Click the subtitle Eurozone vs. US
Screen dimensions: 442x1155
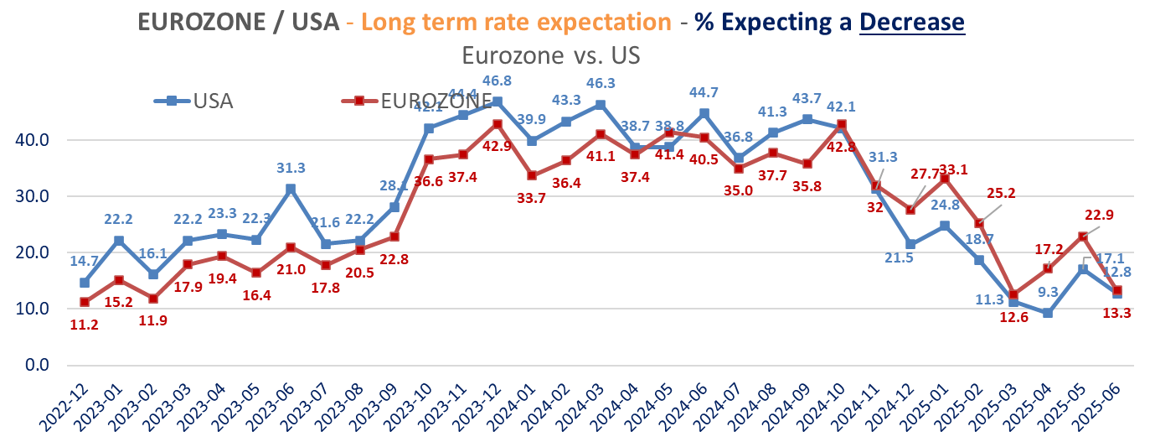click(550, 55)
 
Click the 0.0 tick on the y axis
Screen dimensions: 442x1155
click(34, 365)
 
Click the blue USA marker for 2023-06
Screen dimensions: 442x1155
click(290, 189)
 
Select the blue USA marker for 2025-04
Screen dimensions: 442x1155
click(1047, 313)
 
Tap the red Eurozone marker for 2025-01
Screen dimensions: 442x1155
click(945, 179)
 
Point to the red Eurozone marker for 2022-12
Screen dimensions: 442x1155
click(85, 302)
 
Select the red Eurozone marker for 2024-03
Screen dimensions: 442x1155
click(601, 134)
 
